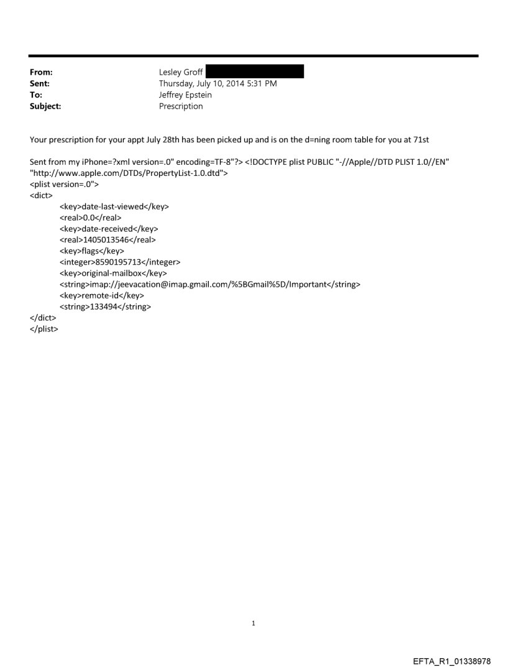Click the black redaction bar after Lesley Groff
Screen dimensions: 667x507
(254, 72)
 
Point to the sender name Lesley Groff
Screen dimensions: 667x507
(181, 73)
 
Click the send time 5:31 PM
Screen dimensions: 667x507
(260, 84)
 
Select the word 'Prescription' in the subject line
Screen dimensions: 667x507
(181, 106)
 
